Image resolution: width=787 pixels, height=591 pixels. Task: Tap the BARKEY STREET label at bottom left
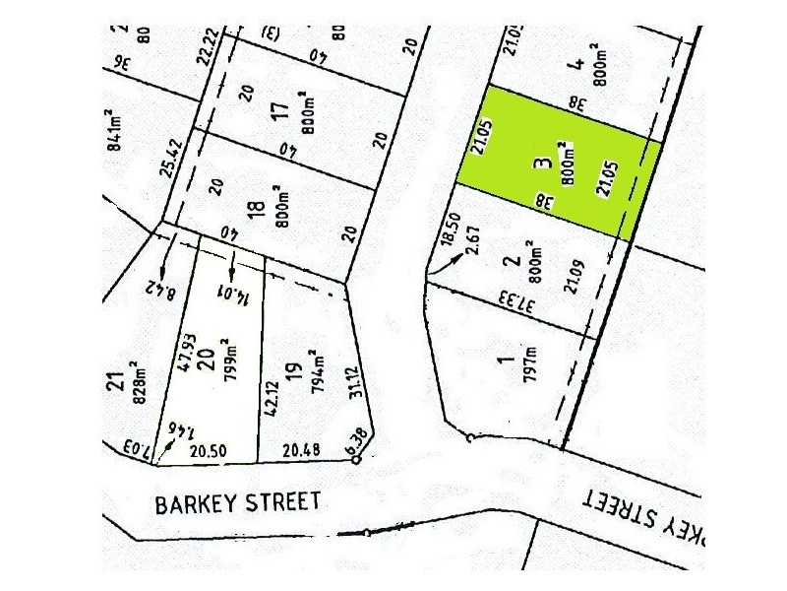(x=237, y=503)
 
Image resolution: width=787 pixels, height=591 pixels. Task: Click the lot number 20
(x=206, y=361)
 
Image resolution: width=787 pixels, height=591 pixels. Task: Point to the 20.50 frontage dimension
(x=208, y=451)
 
